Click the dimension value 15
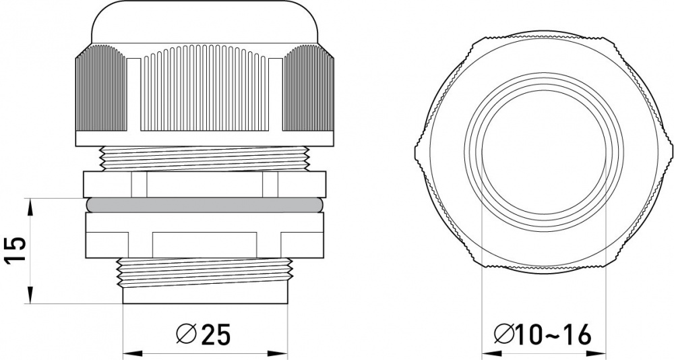16,251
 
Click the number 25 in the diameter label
216,334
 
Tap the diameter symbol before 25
187,334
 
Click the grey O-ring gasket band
204,205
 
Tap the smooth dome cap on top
205,22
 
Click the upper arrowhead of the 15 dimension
30,208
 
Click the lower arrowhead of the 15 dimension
30,295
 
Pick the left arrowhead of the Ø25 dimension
132,353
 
